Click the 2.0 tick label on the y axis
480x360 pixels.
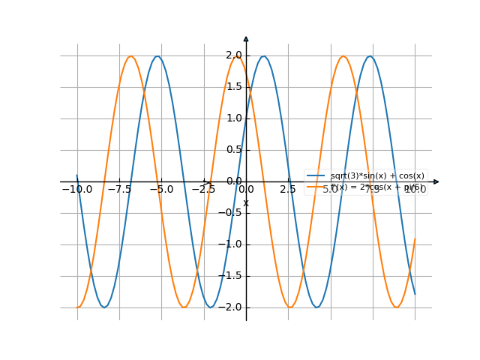[233, 55]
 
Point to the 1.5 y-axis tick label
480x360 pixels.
[233, 87]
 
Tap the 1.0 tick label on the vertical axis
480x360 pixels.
[233, 118]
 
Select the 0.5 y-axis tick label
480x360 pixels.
[233, 150]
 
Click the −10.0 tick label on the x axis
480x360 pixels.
[76, 190]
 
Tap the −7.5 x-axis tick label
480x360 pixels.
[119, 190]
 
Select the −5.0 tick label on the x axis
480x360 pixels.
[161, 190]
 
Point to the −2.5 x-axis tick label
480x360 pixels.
[203, 190]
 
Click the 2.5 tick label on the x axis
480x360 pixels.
[288, 190]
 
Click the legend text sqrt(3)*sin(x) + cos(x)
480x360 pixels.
[377, 175]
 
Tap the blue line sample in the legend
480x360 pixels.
[316, 175]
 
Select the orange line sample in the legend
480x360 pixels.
[316, 187]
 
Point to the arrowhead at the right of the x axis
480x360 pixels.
[436, 181]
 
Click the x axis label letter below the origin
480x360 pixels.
[246, 203]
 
